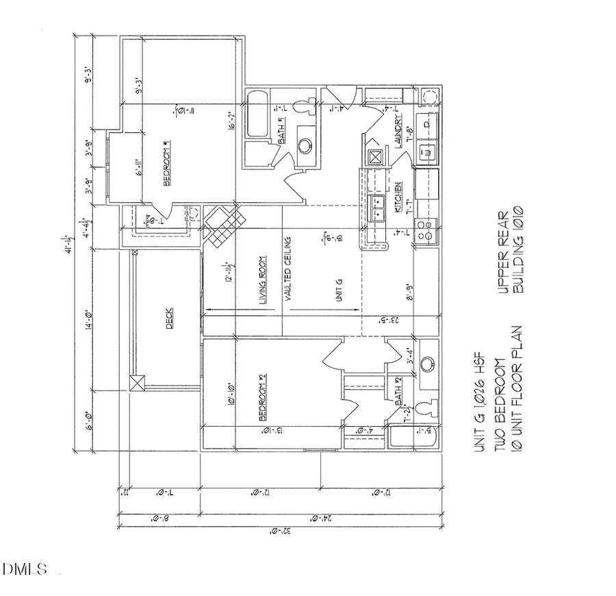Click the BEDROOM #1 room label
(x=166, y=164)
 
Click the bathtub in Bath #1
(x=259, y=113)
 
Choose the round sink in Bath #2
(x=428, y=363)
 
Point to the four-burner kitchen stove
(x=428, y=231)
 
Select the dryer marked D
(x=426, y=125)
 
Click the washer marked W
(x=426, y=152)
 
